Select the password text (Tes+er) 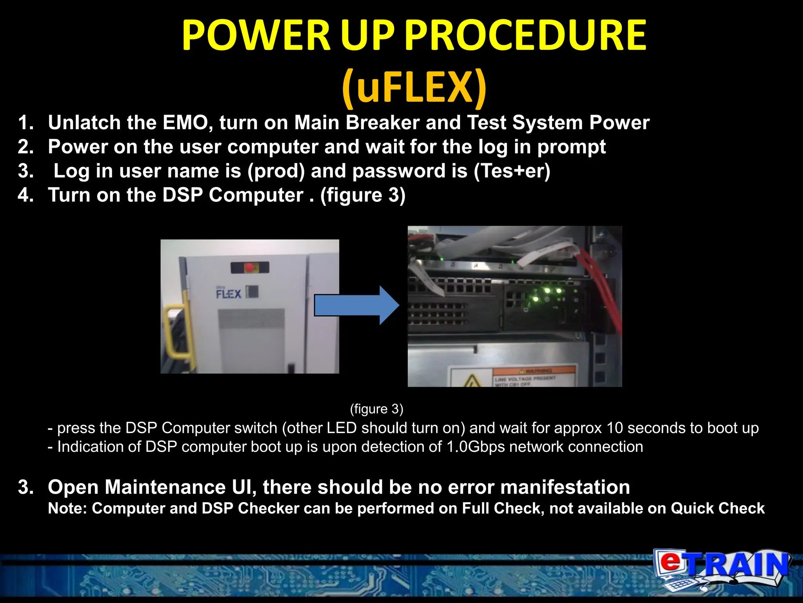(x=512, y=171)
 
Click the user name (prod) (x=276, y=171)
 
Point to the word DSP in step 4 (x=182, y=195)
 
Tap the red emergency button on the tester (x=249, y=268)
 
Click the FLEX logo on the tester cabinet (x=229, y=293)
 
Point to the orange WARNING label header (x=534, y=371)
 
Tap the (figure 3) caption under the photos (x=376, y=409)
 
